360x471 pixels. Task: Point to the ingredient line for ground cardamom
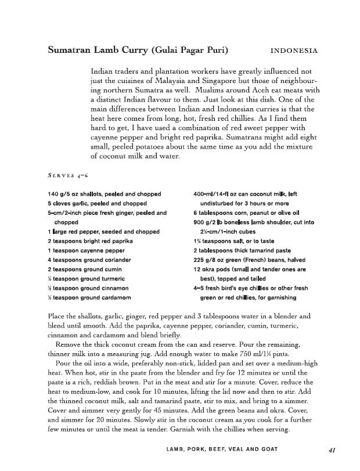[89, 297]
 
